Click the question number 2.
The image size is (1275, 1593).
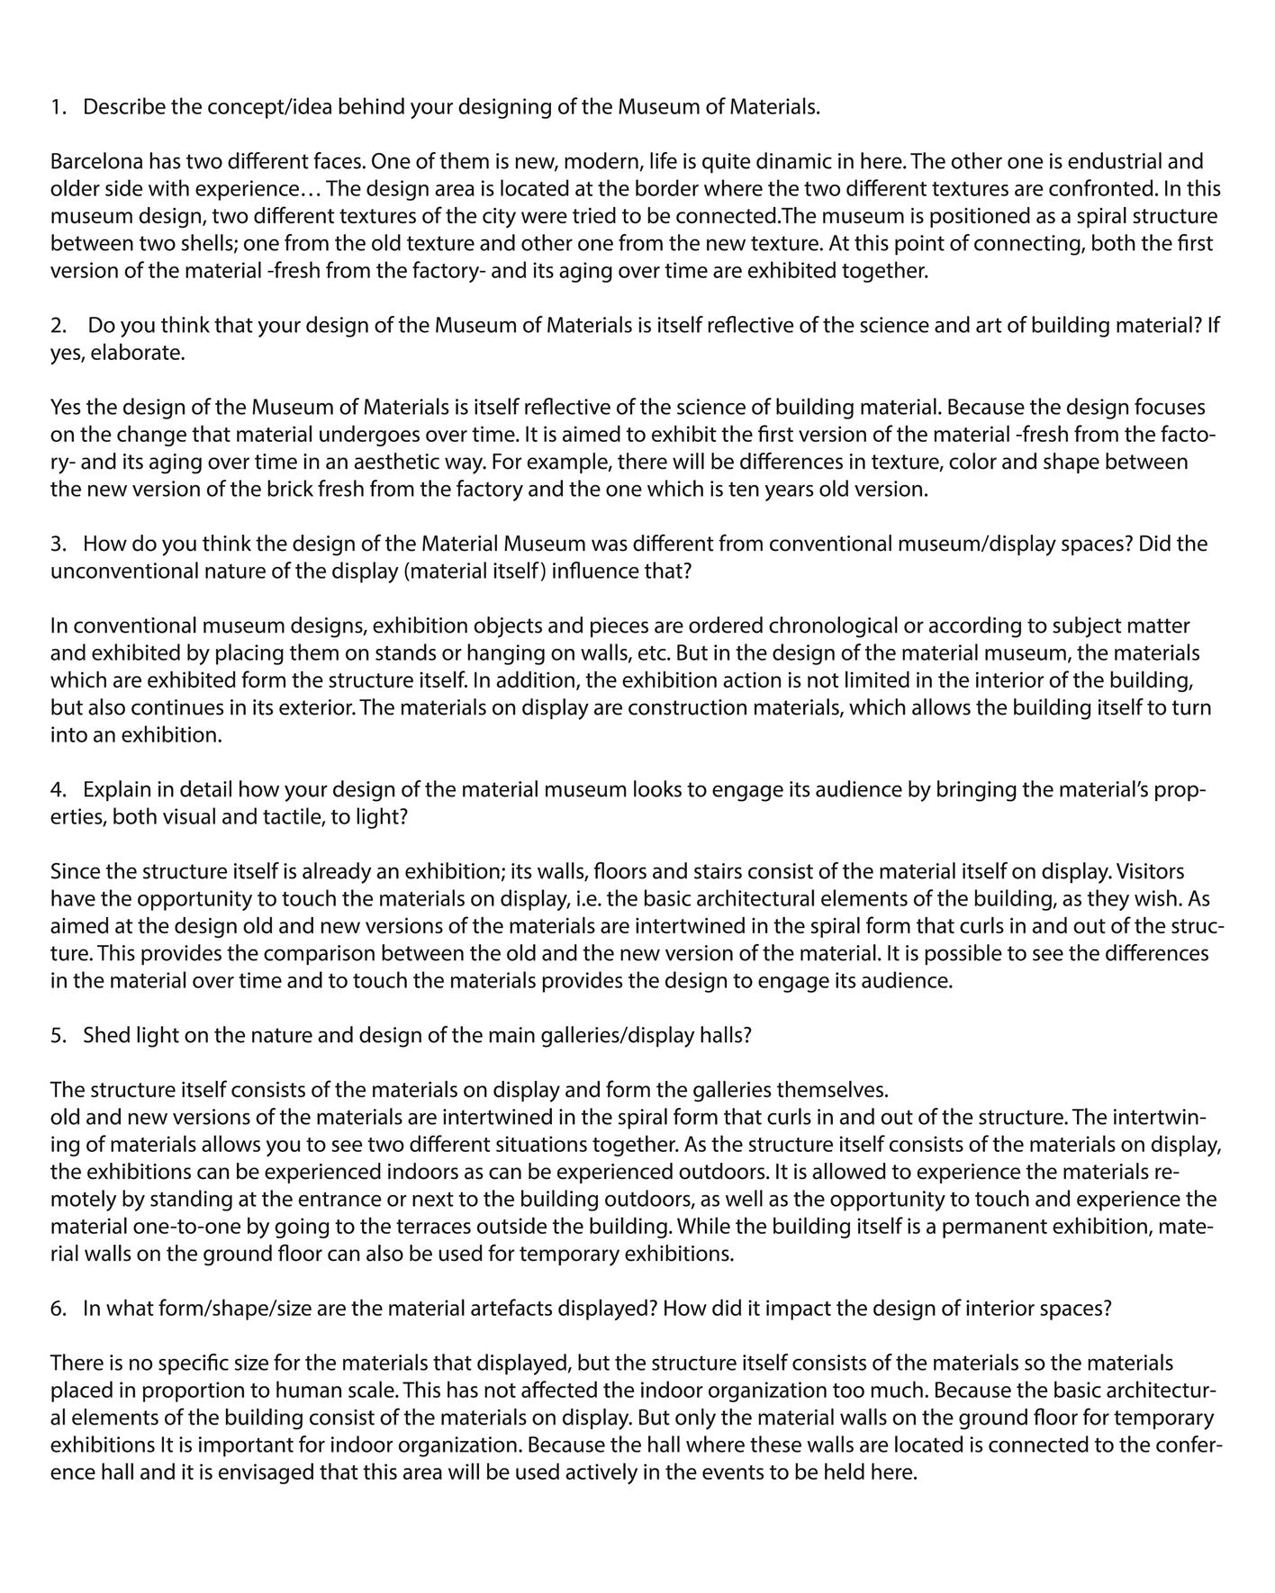56,326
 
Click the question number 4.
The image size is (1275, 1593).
57,790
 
